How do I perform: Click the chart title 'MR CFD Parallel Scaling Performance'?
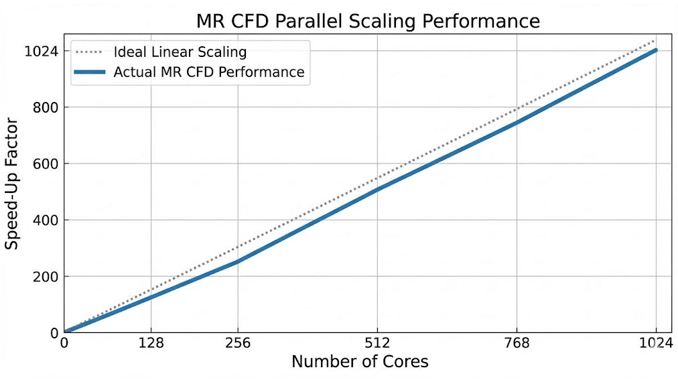pos(368,21)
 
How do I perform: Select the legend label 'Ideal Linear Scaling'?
pos(180,52)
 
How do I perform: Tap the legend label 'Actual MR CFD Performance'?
pos(208,72)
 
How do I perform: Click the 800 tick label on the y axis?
pos(49,107)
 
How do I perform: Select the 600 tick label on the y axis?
pos(49,164)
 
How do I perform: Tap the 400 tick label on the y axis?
pos(49,220)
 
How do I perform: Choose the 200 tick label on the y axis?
pos(49,276)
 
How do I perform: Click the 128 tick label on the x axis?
pos(151,343)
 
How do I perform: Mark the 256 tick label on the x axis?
pos(238,343)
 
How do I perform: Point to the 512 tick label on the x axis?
pos(378,343)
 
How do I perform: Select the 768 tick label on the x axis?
pos(517,343)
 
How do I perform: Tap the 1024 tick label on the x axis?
pos(656,343)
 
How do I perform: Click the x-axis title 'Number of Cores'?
pos(360,362)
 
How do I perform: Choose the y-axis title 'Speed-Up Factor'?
pos(11,182)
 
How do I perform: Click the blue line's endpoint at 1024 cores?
pos(656,50)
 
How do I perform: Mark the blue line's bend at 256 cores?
pos(238,261)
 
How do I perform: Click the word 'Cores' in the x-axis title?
pos(405,362)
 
